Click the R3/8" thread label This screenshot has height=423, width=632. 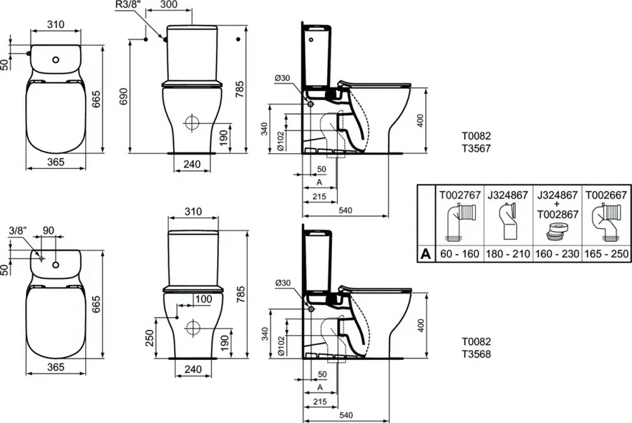[128, 4]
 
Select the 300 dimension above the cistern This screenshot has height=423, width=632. [168, 5]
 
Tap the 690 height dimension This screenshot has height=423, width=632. [124, 97]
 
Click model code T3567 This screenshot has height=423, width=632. [476, 148]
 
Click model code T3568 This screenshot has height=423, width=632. [476, 354]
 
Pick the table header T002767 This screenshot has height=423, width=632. [460, 195]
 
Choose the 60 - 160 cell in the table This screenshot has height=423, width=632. [460, 253]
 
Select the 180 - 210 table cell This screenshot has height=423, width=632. [508, 253]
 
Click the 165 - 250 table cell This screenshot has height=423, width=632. [607, 253]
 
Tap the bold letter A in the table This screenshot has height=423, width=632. [426, 254]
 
